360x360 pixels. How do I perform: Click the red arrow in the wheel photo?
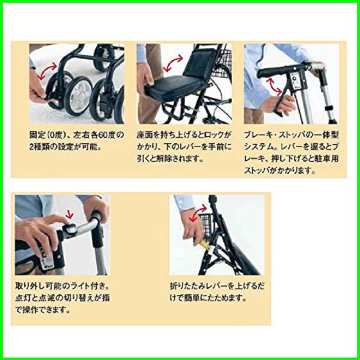click(x=47, y=71)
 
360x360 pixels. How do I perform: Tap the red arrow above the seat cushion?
click(x=173, y=63)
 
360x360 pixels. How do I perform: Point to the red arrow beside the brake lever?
click(x=274, y=86)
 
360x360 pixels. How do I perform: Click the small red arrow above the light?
click(x=69, y=214)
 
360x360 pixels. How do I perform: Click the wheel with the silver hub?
click(x=77, y=95)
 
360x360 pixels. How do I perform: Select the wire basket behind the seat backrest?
click(x=220, y=62)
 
